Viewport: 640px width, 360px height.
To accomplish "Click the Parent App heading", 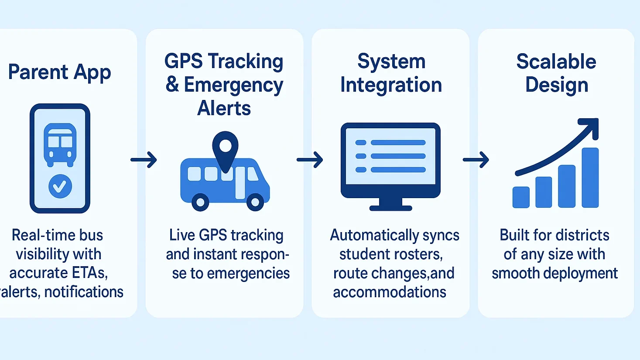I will coord(59,72).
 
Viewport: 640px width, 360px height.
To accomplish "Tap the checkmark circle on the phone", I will coord(60,186).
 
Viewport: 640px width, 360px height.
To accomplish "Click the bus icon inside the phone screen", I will coord(60,144).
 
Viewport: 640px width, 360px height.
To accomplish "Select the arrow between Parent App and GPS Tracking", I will coord(144,160).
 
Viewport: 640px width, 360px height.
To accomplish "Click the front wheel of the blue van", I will coord(255,202).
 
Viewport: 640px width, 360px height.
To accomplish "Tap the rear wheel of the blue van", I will coord(200,202).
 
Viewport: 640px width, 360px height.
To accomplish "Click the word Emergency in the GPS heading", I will coord(233,85).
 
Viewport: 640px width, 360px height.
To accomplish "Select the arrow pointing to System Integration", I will coord(310,160).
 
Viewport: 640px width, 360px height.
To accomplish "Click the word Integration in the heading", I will coord(391,85).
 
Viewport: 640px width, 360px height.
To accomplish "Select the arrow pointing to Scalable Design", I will coord(476,160).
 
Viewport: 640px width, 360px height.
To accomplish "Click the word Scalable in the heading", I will coord(556,62).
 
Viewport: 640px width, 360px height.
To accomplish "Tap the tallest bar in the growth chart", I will coord(590,178).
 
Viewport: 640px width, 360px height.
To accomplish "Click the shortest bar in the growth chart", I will coord(521,197).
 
